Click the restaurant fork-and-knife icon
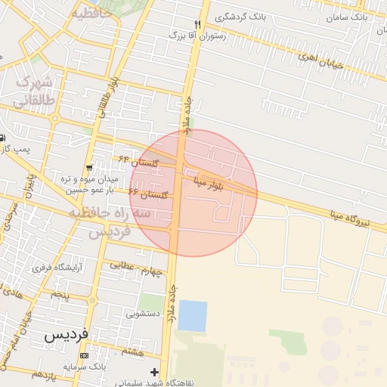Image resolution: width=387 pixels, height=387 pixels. click(x=198, y=24)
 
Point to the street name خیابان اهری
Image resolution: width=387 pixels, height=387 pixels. click(x=320, y=60)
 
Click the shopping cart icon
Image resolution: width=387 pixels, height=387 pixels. click(x=90, y=168)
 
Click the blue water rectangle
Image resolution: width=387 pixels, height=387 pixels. click(x=192, y=316)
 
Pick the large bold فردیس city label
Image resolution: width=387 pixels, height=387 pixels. click(x=67, y=334)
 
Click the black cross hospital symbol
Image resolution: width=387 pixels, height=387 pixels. click(x=155, y=372)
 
